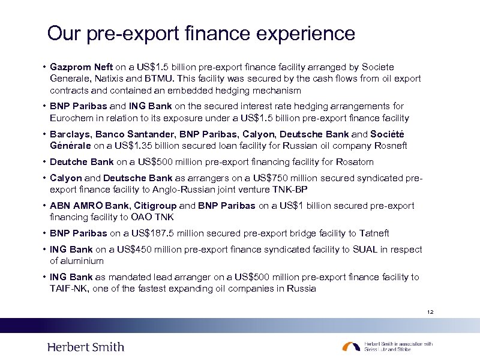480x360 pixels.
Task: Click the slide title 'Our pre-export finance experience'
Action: (201, 33)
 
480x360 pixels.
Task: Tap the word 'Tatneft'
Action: (375, 233)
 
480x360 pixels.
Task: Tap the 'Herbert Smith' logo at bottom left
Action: (86, 347)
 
